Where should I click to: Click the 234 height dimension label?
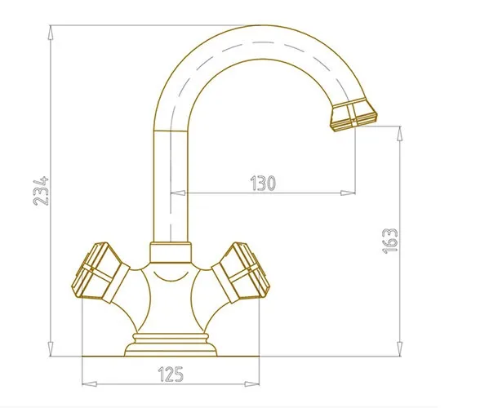pos(41,191)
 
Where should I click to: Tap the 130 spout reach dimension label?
pos(263,183)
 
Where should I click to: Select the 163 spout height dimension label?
pos(390,241)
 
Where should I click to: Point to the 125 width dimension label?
pos(171,374)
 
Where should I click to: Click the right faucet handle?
pos(241,273)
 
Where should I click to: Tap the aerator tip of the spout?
pos(353,114)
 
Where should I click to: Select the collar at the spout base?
pos(171,252)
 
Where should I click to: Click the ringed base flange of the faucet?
pos(171,344)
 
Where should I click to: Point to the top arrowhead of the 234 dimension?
pos(51,33)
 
